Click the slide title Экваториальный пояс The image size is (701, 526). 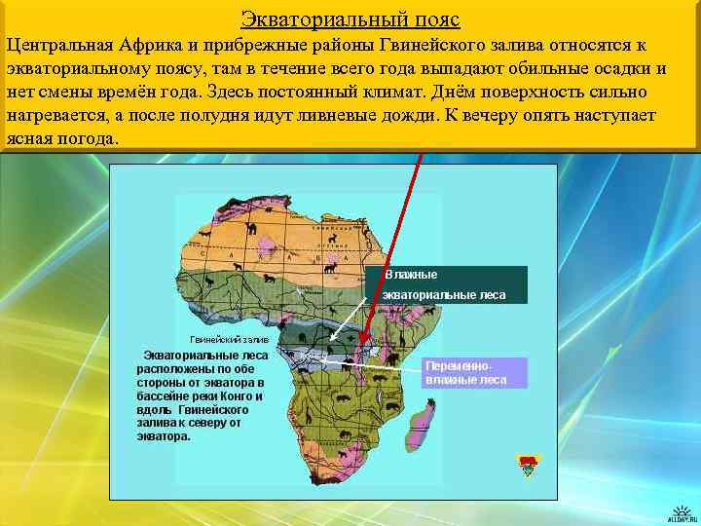(x=350, y=19)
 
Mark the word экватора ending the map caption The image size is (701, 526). (x=163, y=437)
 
